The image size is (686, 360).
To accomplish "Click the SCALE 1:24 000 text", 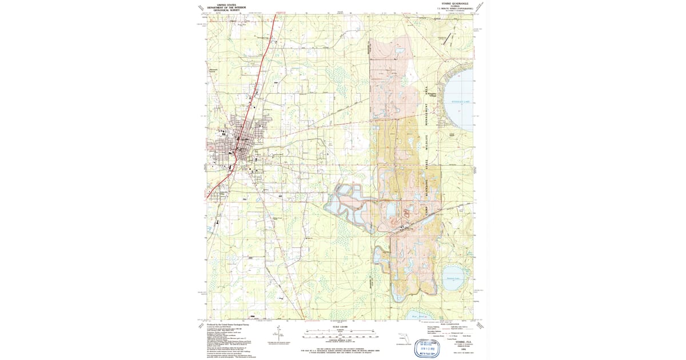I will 340,327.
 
